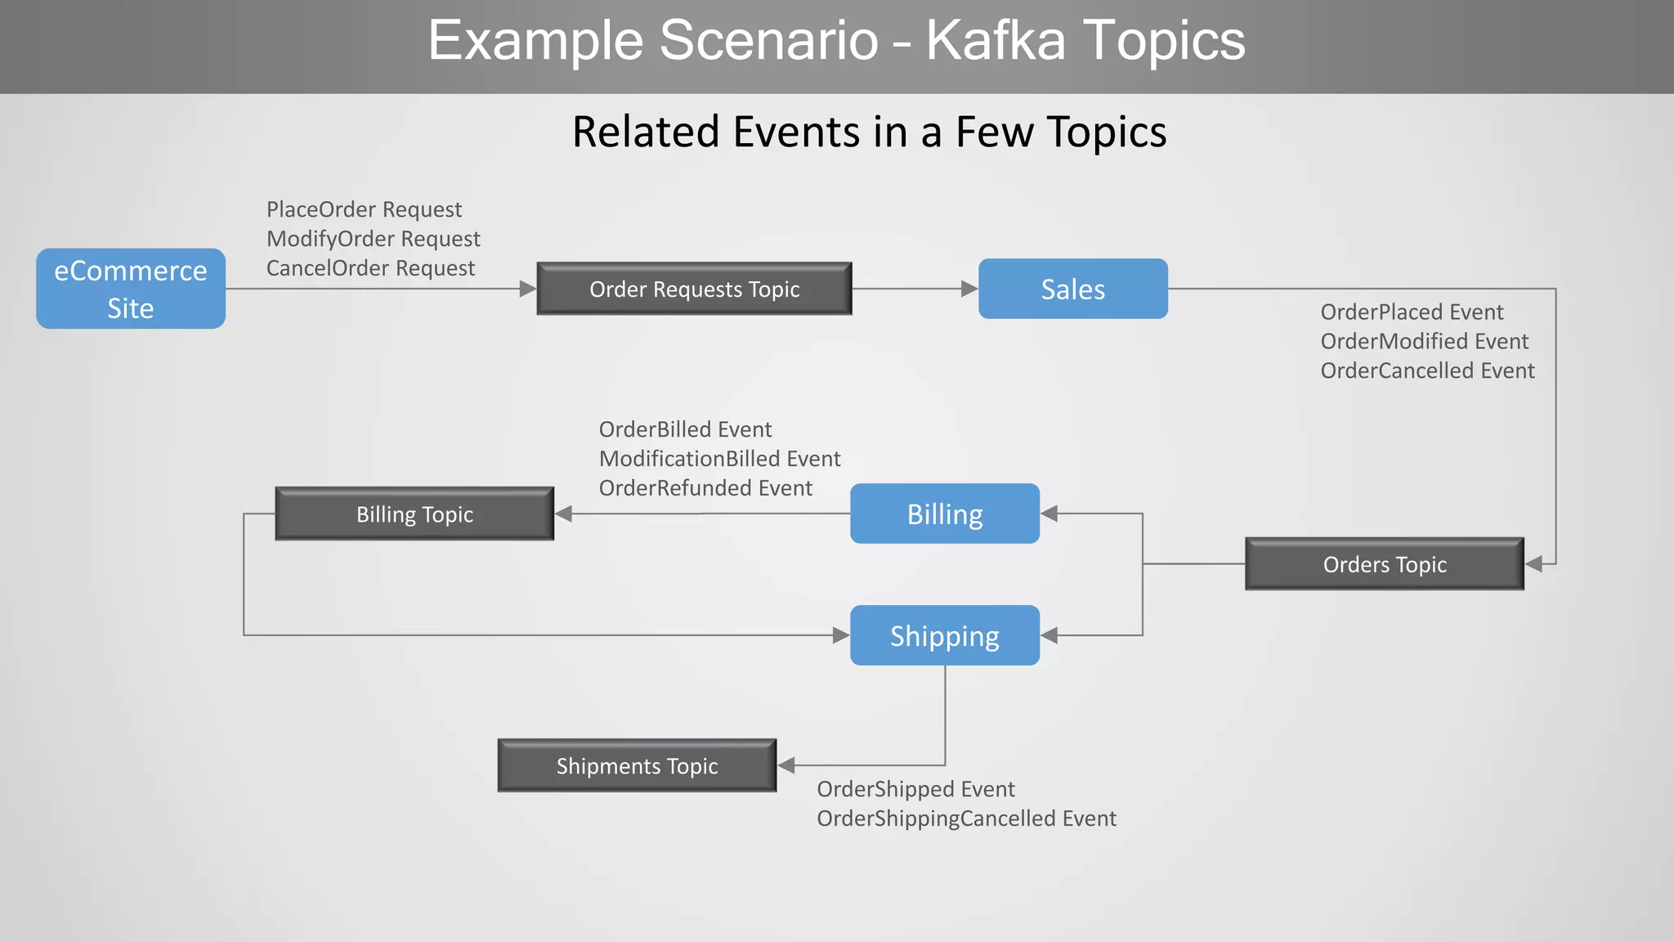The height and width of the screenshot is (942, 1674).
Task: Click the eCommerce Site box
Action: [131, 289]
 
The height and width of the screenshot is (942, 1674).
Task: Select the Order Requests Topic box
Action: [694, 289]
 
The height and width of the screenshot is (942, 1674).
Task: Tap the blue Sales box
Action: [1072, 289]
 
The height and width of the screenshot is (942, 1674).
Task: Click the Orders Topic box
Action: [1384, 564]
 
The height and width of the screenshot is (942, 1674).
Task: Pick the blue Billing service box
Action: [945, 514]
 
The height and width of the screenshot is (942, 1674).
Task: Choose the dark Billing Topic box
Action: [414, 514]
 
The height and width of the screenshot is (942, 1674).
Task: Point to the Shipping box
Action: [945, 635]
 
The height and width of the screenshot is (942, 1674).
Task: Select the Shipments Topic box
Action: [637, 765]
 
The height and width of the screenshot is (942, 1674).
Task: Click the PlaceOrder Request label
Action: [364, 209]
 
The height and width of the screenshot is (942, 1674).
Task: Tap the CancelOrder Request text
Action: [370, 268]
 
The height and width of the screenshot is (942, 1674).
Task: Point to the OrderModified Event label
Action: [1424, 341]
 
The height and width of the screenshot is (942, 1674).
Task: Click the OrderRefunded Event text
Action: [705, 488]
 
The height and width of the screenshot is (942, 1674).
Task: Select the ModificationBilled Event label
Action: [719, 459]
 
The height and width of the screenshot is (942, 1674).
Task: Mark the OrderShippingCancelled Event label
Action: [966, 819]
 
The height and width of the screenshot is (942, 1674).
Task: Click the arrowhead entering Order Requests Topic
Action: [528, 289]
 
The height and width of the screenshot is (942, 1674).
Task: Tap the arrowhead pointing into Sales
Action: [969, 289]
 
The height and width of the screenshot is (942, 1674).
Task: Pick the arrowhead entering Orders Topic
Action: [1534, 564]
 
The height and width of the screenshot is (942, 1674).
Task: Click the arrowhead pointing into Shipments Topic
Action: [786, 765]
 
